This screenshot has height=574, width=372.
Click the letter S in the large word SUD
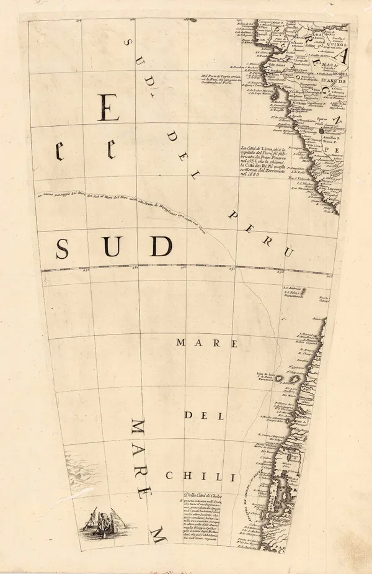coord(61,248)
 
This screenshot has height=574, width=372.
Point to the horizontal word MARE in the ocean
coord(198,343)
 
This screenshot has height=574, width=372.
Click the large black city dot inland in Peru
coord(322,131)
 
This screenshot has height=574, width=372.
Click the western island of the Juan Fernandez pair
coord(278,378)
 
